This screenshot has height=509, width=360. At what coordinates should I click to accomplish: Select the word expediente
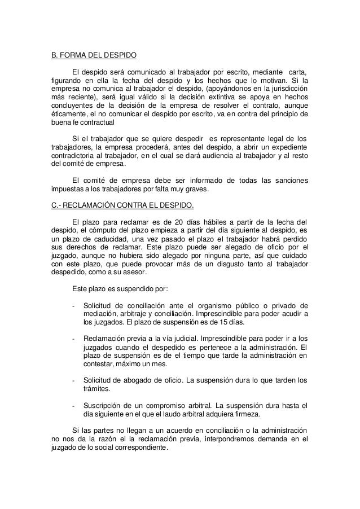coord(287,148)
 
